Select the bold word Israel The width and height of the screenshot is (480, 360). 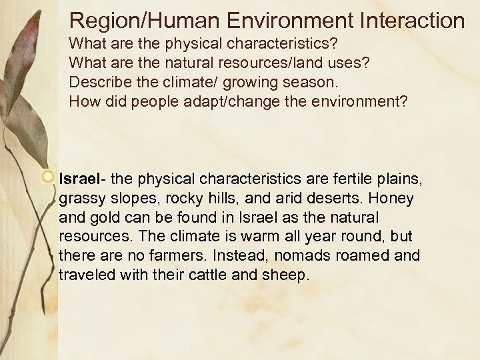tap(79, 179)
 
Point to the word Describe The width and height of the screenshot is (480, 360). tap(97, 83)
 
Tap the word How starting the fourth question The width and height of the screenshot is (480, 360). tap(83, 102)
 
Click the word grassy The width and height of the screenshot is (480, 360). tap(78, 199)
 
